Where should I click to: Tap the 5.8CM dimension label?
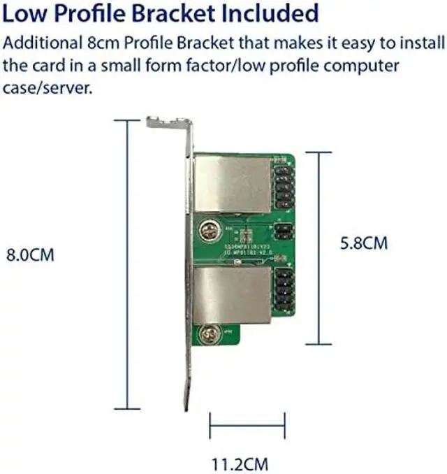pyautogui.click(x=363, y=244)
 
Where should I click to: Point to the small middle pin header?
pyautogui.click(x=283, y=231)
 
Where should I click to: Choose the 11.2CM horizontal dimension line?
pyautogui.click(x=247, y=422)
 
